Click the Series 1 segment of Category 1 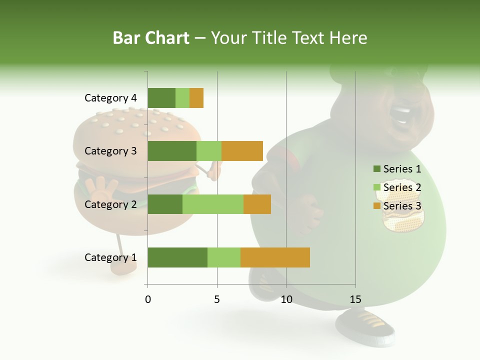click(x=177, y=257)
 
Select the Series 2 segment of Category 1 click(x=224, y=257)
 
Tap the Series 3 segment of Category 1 click(x=275, y=257)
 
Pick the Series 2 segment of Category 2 click(x=213, y=204)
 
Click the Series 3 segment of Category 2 click(x=257, y=204)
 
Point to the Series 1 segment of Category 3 click(x=172, y=151)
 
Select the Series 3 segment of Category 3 click(x=242, y=151)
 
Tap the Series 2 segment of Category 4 click(x=182, y=98)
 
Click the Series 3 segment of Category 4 click(x=196, y=98)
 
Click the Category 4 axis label click(x=110, y=98)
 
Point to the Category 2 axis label click(x=110, y=204)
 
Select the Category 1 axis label click(x=110, y=257)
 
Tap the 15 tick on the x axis click(x=355, y=299)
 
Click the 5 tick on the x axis click(x=217, y=299)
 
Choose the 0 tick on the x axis click(x=148, y=299)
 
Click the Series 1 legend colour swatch click(x=376, y=169)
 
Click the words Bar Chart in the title click(x=151, y=38)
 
